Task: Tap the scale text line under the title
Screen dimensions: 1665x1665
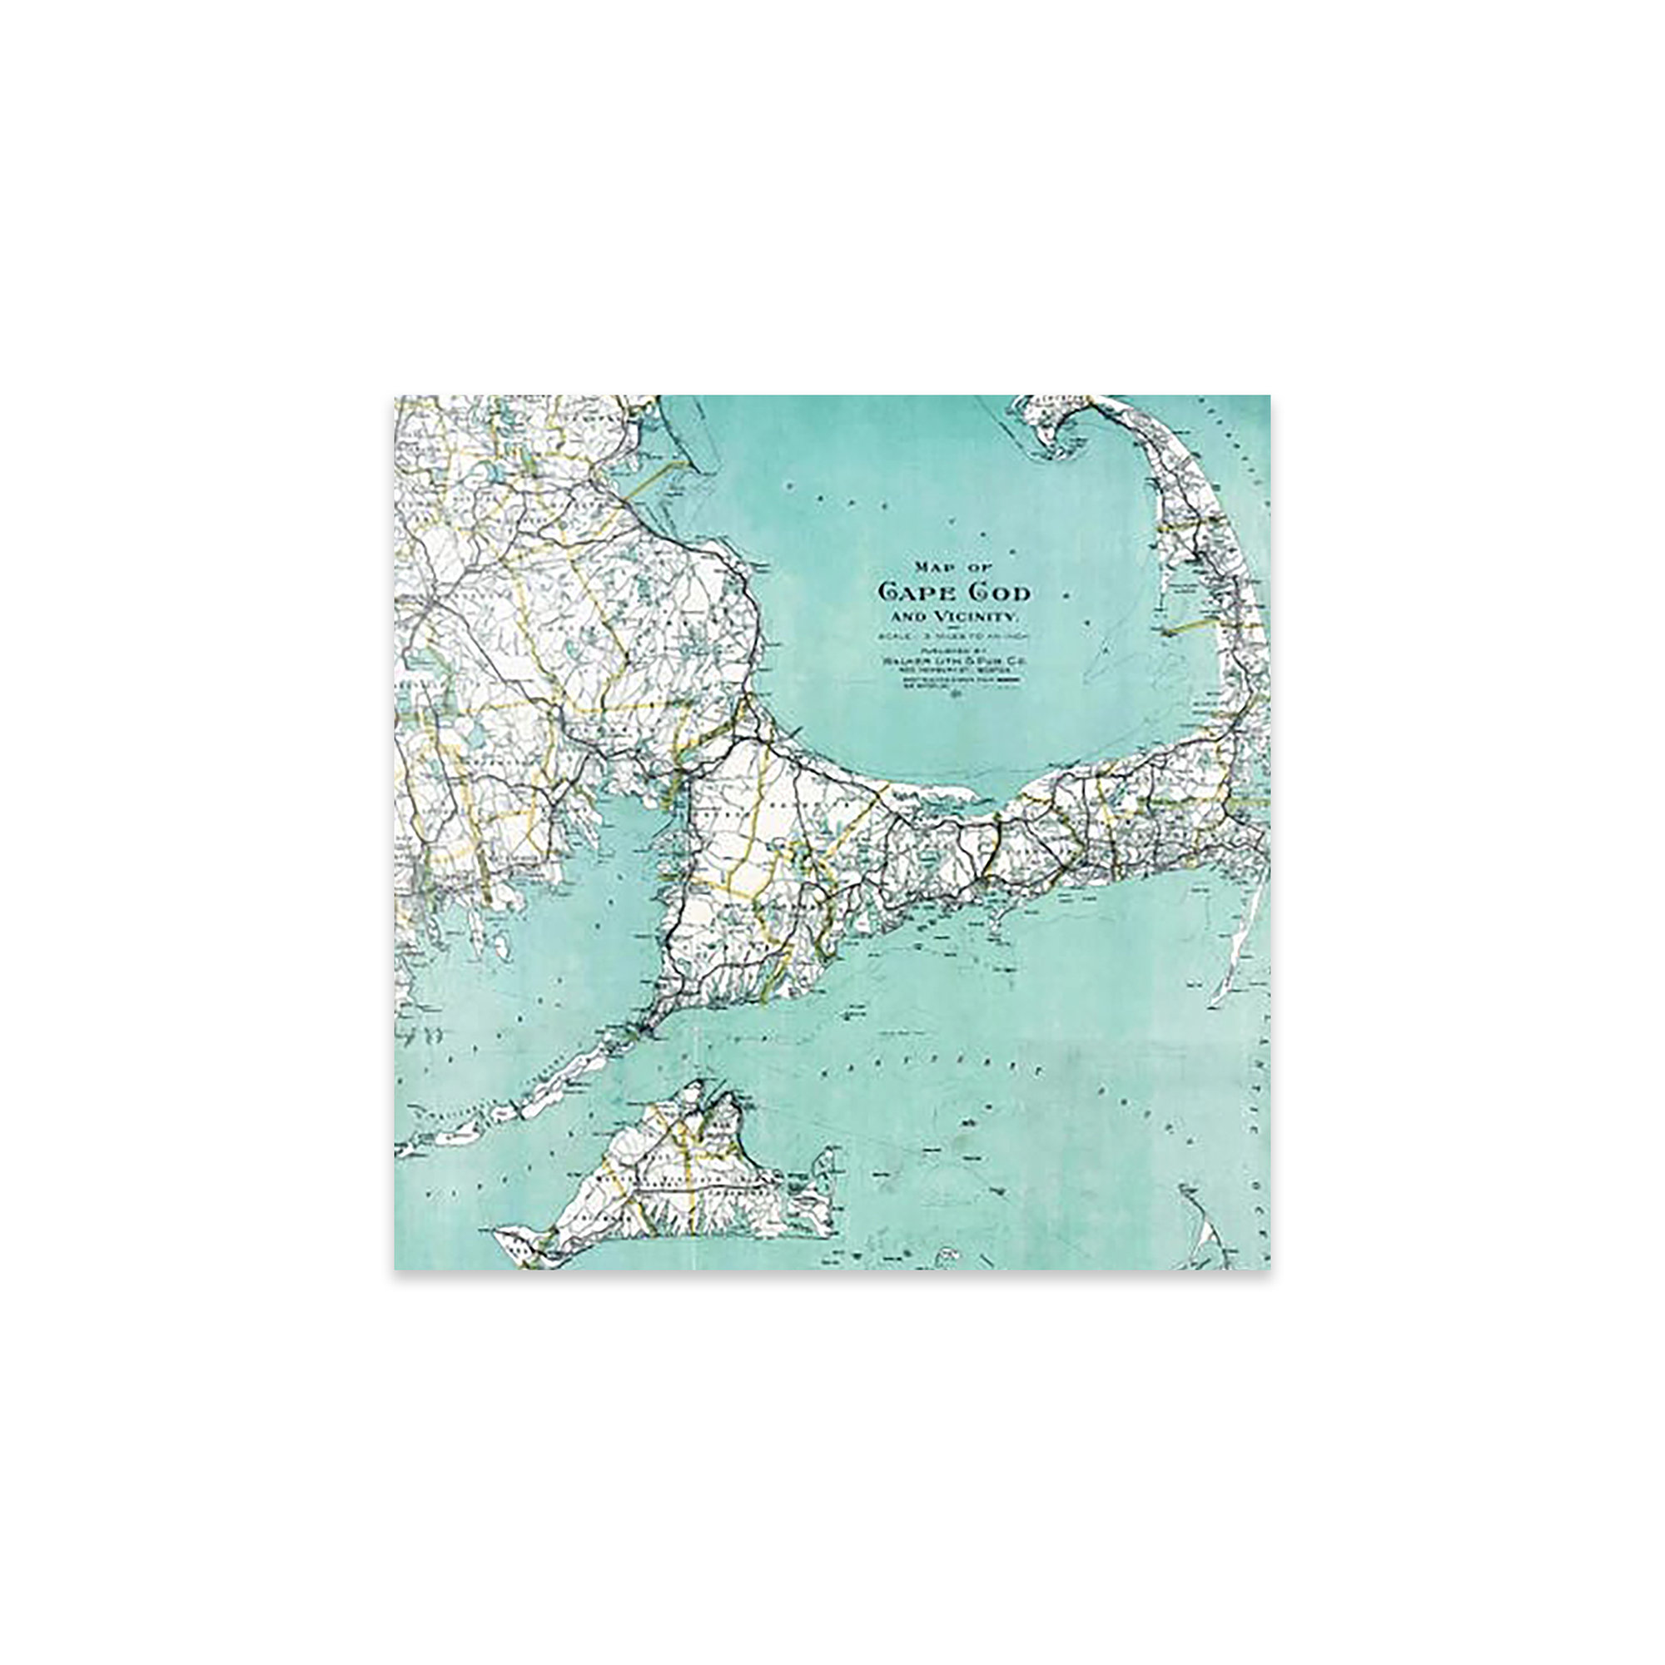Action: click(948, 636)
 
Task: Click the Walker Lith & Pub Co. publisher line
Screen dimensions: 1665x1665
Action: click(948, 660)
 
